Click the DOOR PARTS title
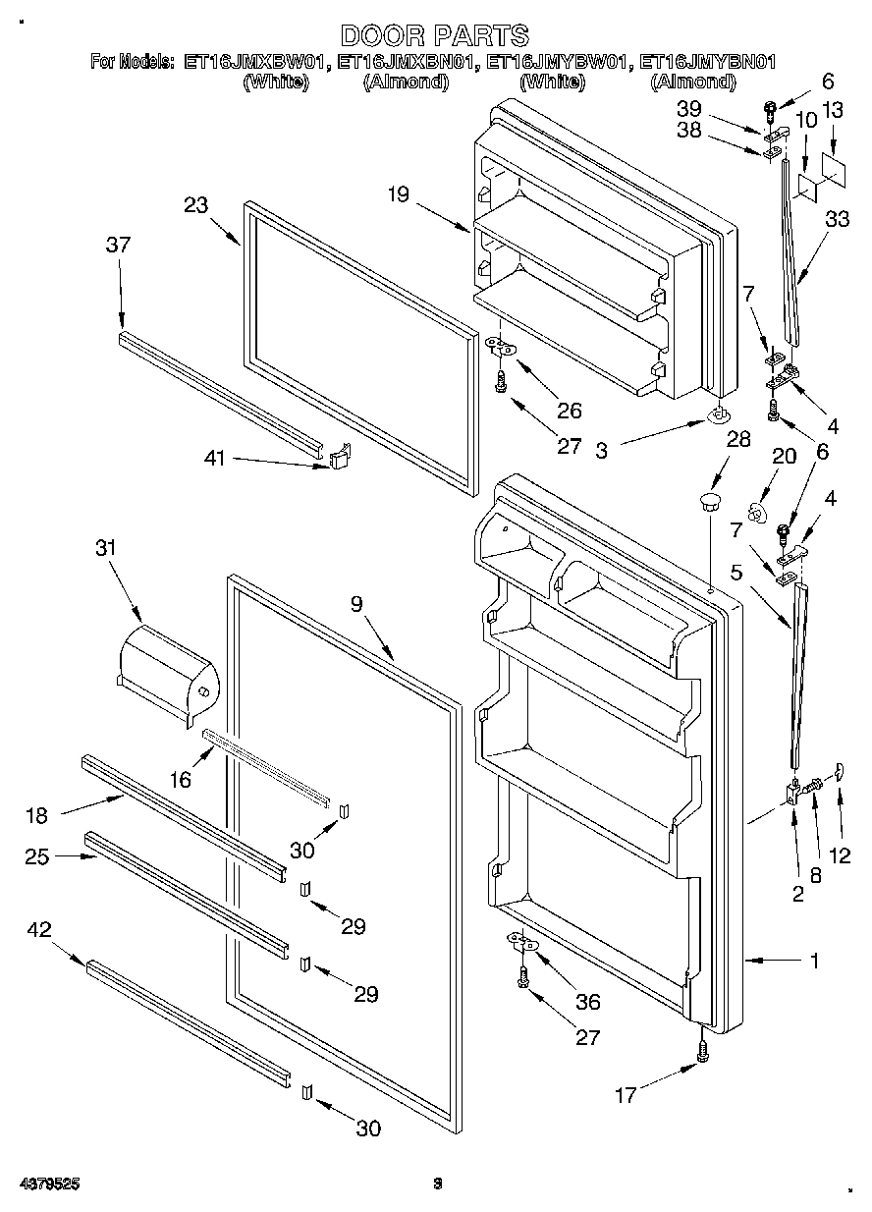(435, 36)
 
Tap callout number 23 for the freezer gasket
(197, 205)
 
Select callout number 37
(118, 246)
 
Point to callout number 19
(397, 194)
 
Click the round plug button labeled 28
(708, 505)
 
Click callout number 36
(588, 1002)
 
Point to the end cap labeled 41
(339, 458)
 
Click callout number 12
(839, 854)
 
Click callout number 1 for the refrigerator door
(814, 962)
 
